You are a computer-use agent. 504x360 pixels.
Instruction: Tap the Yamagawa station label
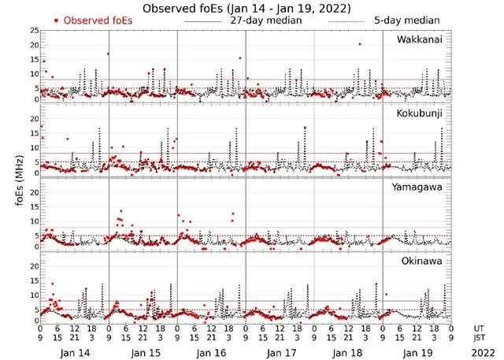(x=422, y=187)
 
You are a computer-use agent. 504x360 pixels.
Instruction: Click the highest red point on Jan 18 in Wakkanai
(x=360, y=44)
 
